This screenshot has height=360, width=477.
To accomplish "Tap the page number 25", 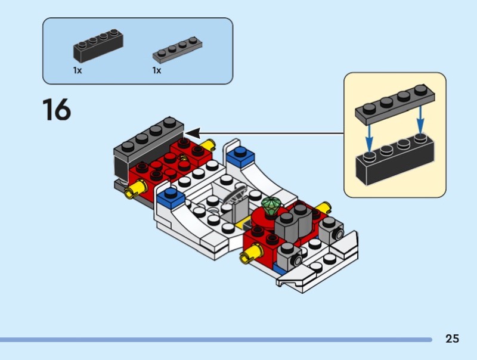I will coord(452,339).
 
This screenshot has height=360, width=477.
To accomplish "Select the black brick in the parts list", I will coord(98,46).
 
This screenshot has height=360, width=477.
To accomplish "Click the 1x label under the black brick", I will coord(78,70).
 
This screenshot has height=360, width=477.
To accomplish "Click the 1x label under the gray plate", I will coord(157,70).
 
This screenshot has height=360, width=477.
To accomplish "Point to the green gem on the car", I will coord(271,206).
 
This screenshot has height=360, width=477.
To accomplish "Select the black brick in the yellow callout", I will coord(395,162).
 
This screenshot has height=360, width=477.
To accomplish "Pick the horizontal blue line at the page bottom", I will coord(215,340).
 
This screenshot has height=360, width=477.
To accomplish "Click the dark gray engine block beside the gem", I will coord(293,222).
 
